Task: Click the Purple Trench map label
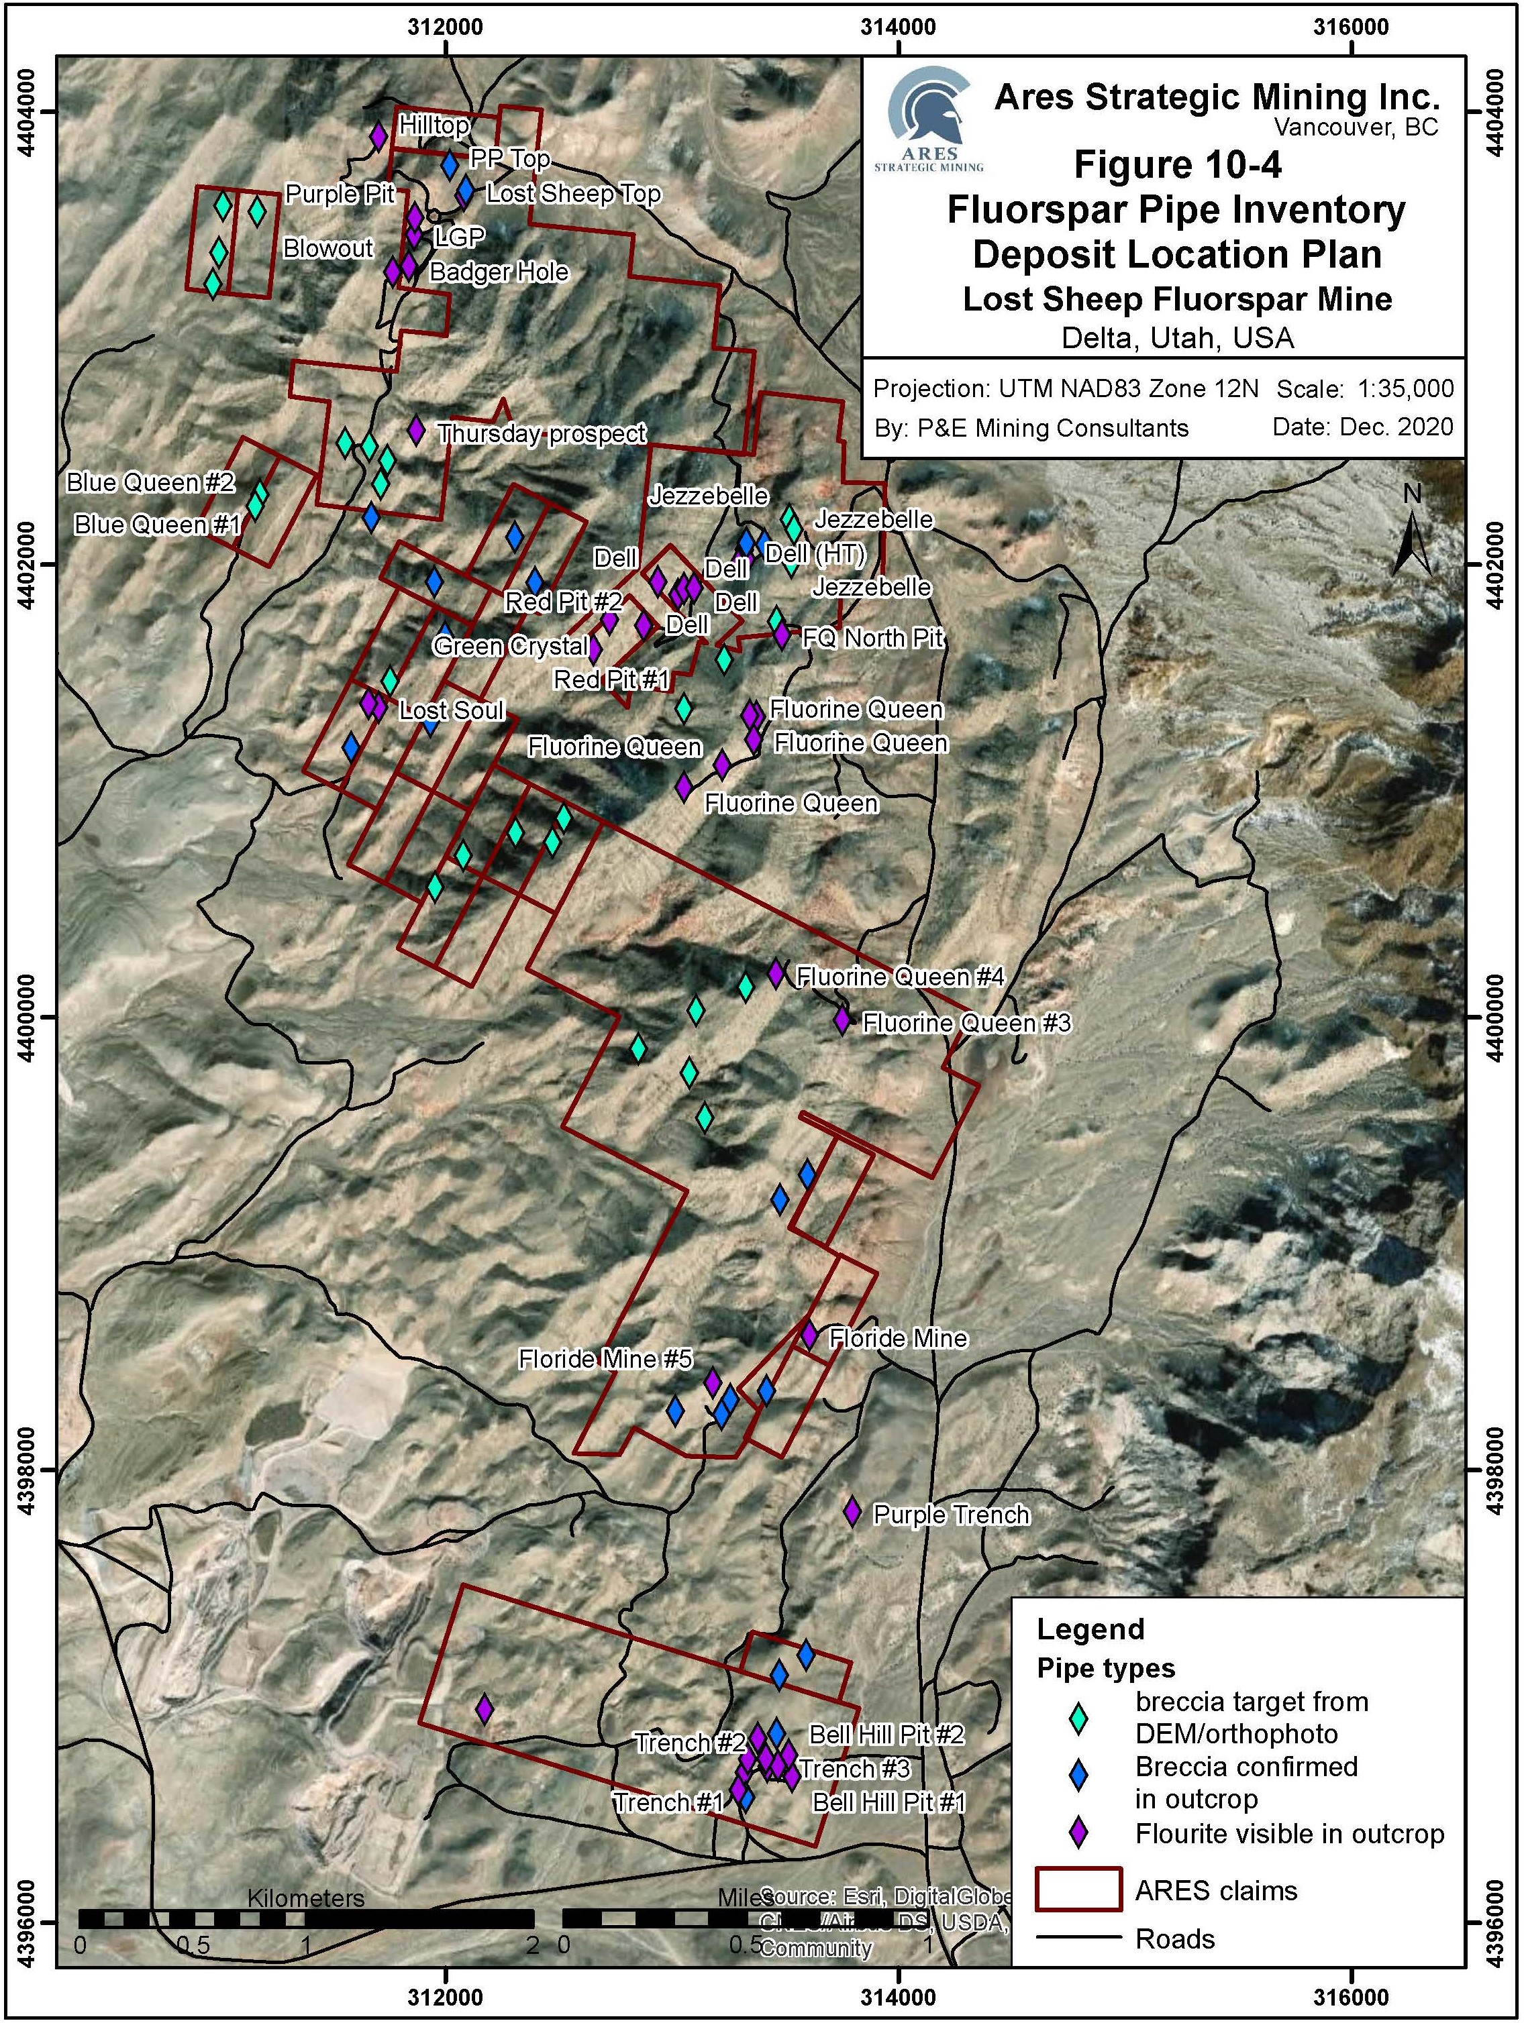pyautogui.click(x=952, y=1515)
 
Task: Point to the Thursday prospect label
pyautogui.click(x=542, y=433)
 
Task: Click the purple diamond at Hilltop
pyautogui.click(x=378, y=136)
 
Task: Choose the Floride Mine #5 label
pyautogui.click(x=605, y=1359)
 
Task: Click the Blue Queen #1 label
pyautogui.click(x=156, y=525)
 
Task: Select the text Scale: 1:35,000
pyautogui.click(x=1365, y=388)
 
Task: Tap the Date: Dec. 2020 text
pyautogui.click(x=1362, y=427)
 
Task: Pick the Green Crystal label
pyautogui.click(x=511, y=647)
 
